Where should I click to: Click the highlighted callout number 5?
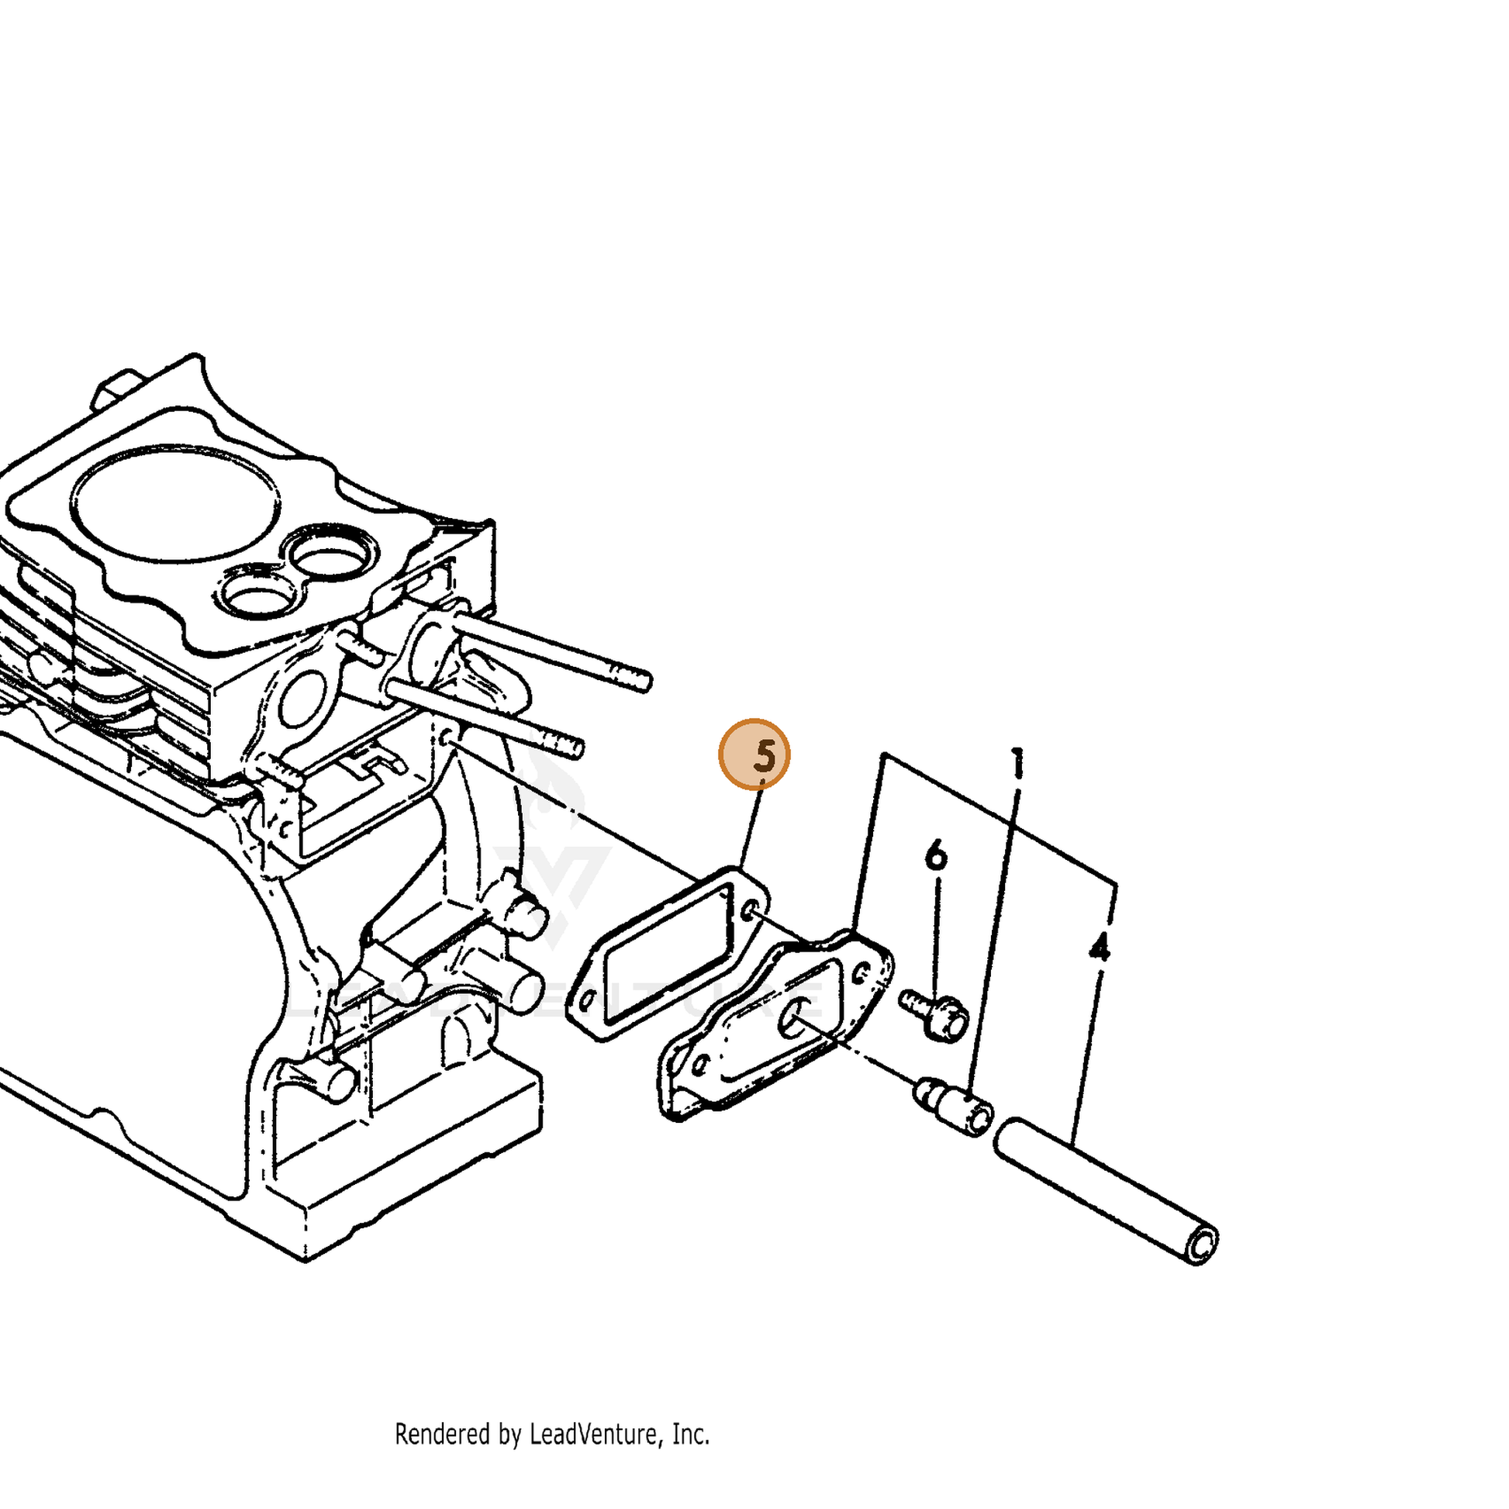[x=754, y=755]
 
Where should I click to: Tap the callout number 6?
[x=936, y=856]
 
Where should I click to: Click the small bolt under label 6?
[x=935, y=1013]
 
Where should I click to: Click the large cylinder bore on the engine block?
[x=175, y=503]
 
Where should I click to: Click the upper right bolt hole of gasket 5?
[x=748, y=910]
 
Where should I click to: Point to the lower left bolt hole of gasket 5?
[x=587, y=999]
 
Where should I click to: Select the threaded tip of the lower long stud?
[x=563, y=744]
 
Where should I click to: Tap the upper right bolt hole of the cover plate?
[x=862, y=972]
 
